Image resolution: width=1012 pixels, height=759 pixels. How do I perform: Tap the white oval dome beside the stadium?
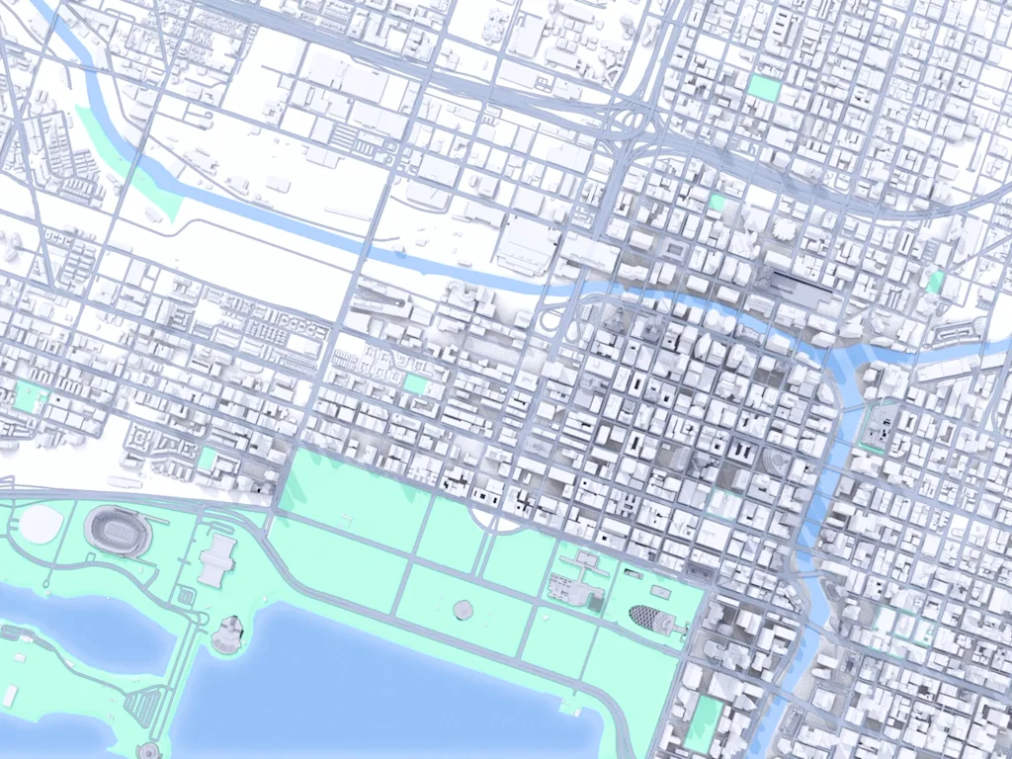[x=40, y=523]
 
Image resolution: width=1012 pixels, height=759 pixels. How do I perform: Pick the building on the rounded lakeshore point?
[x=227, y=632]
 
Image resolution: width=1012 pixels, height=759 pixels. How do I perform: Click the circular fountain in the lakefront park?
[x=463, y=609]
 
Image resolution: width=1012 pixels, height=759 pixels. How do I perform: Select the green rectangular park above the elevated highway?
[x=763, y=87]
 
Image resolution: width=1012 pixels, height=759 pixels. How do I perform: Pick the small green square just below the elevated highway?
[x=717, y=203]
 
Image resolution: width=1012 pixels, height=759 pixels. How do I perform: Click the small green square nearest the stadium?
[x=208, y=459]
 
